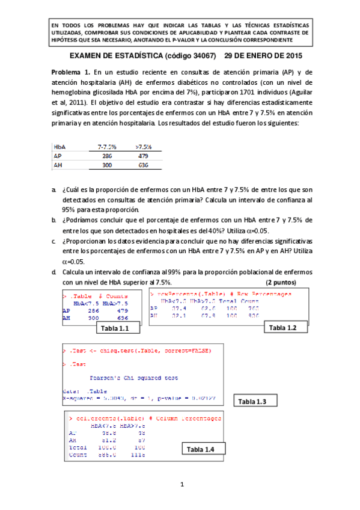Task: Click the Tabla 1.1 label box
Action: click(118, 328)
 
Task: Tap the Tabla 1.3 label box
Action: click(257, 401)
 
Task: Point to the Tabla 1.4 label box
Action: click(204, 450)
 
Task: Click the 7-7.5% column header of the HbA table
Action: click(106, 146)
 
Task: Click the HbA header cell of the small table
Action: click(59, 146)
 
